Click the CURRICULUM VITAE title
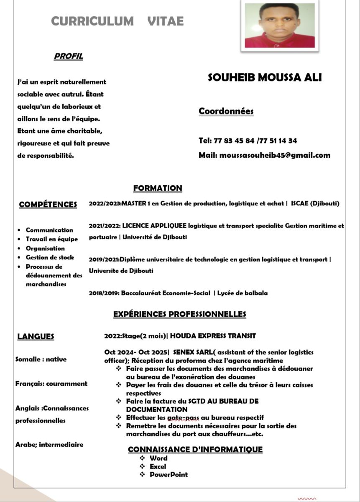[117, 21]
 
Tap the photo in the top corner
[279, 26]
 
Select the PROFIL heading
[69, 56]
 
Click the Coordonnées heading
[226, 111]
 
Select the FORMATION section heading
[158, 188]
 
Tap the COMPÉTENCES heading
[48, 205]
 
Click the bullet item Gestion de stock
[50, 258]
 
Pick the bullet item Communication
[49, 230]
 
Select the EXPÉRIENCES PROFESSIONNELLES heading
[180, 314]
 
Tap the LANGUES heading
[36, 336]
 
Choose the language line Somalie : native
[41, 359]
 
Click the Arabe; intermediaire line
[49, 445]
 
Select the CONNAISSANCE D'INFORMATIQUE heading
[195, 450]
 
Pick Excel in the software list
[158, 466]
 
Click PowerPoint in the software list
[169, 475]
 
